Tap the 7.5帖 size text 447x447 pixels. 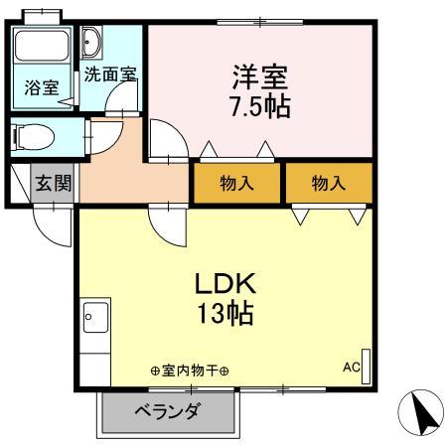(x=261, y=106)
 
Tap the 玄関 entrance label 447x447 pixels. (x=54, y=183)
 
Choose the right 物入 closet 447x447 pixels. (x=328, y=184)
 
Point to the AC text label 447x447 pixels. (x=351, y=366)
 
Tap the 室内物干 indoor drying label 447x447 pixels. (x=189, y=372)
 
